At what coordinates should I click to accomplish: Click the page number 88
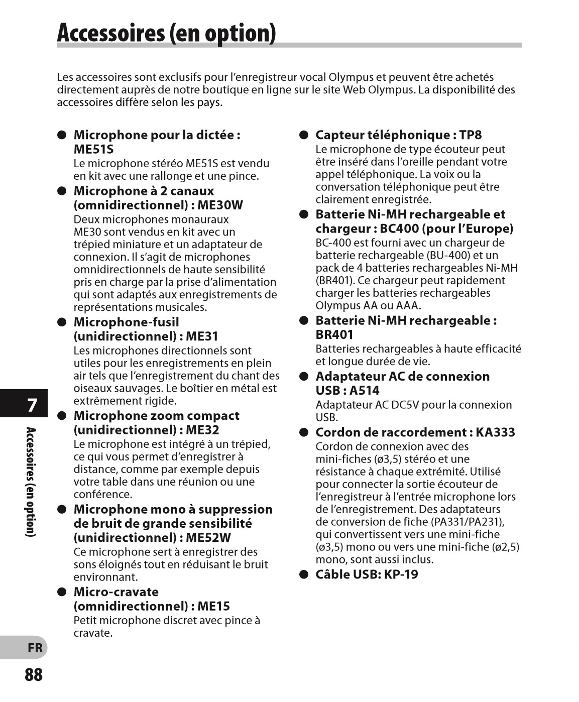tap(34, 674)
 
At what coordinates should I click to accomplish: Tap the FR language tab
tap(35, 648)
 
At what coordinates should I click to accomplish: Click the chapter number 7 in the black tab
tap(32, 405)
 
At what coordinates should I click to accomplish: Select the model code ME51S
tap(93, 149)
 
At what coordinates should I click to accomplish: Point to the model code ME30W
tap(220, 205)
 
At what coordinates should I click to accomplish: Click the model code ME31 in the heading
tap(202, 336)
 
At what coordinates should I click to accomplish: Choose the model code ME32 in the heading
tap(202, 430)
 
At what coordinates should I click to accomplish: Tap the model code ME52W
tap(208, 537)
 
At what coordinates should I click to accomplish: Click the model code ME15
tap(213, 606)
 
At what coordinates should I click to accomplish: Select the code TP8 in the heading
tap(470, 135)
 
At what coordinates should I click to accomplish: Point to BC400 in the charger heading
tap(399, 228)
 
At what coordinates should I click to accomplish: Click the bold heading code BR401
tap(334, 334)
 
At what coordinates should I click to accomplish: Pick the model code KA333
tap(495, 432)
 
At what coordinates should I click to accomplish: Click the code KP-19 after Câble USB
tap(401, 574)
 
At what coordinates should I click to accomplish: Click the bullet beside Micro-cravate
tap(62, 592)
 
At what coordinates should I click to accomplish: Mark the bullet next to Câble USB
tap(303, 574)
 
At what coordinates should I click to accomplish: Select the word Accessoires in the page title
tap(110, 33)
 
